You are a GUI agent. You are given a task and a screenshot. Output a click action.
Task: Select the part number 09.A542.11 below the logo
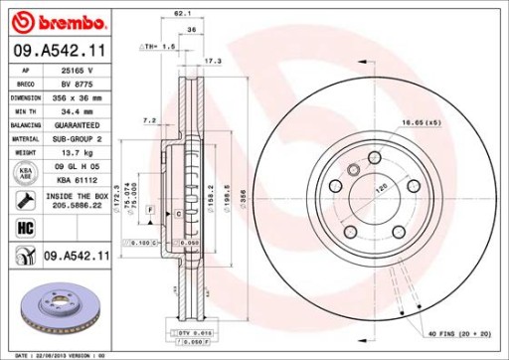pos(60,49)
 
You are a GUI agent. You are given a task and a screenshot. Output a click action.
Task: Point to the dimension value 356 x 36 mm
pos(77,99)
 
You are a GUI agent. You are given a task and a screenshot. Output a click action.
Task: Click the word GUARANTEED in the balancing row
pos(77,126)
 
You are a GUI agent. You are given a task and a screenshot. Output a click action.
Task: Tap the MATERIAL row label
pos(24,139)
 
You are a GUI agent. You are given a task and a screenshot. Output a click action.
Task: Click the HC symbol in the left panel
pos(24,230)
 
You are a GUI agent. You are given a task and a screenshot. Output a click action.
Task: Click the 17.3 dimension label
pos(212,62)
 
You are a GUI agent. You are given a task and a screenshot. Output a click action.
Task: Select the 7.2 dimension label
pos(150,120)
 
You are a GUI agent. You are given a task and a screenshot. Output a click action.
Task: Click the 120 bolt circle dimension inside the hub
pos(378,187)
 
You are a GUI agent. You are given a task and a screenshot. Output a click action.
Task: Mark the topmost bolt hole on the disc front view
pos(374,158)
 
